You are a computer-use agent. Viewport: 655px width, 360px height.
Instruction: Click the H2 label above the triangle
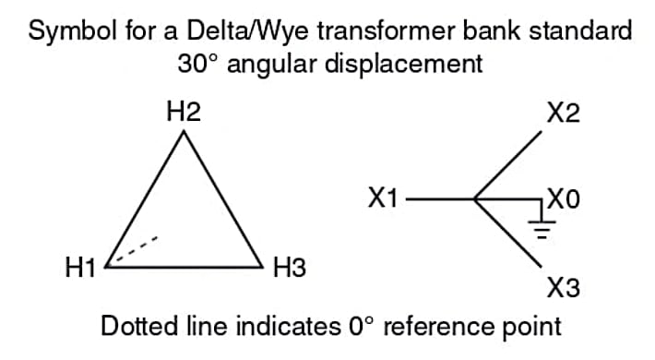[185, 113]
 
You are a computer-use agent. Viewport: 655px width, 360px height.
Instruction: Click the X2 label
[563, 114]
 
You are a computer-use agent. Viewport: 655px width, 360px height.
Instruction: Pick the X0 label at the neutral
[565, 198]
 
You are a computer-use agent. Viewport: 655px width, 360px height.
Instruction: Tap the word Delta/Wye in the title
[236, 30]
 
